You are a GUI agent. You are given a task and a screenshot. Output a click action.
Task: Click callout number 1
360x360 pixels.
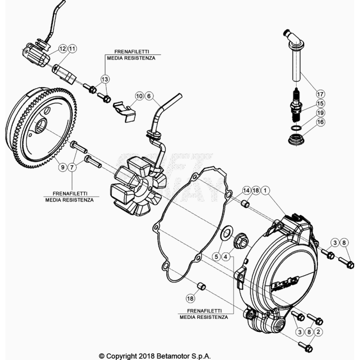(265, 191)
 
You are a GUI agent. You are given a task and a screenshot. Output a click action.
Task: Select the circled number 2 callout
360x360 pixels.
(318, 331)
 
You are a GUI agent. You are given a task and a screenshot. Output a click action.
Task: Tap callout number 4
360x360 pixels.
(225, 257)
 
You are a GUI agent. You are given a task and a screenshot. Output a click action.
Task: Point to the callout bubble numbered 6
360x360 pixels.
(148, 96)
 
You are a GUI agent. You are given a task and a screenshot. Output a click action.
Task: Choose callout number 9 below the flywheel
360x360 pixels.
(63, 167)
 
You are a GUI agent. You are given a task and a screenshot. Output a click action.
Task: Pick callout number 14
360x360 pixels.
(246, 191)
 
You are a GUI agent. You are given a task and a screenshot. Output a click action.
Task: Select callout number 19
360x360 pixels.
(306, 113)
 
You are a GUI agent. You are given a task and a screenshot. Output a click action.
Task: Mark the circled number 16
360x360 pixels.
(306, 123)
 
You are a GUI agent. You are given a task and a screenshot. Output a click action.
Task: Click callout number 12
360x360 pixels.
(63, 48)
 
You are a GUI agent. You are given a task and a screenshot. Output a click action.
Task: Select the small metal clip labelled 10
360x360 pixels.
(124, 110)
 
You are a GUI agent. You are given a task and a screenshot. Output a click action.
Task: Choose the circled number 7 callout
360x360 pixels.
(72, 167)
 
